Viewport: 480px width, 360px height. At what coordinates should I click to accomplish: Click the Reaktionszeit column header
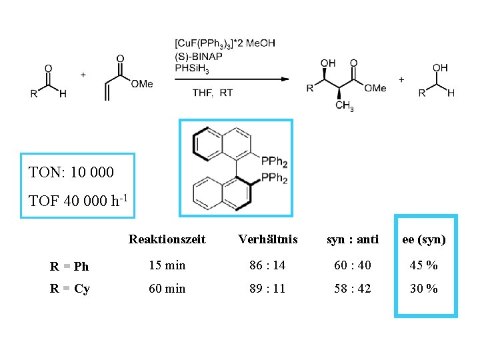167,239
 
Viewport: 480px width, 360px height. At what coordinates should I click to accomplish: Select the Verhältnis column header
267,239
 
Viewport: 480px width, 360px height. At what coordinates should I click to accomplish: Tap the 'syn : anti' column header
352,239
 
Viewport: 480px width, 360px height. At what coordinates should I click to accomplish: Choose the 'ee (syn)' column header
424,239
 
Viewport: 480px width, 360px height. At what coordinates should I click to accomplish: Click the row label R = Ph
69,267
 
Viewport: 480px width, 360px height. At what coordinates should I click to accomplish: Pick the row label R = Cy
70,289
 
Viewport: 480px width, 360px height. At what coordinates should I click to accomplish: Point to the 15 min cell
167,265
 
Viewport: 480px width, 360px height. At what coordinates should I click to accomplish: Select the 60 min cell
167,289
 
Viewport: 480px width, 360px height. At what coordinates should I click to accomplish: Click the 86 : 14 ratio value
267,265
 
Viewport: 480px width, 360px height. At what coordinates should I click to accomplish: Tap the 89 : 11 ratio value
267,289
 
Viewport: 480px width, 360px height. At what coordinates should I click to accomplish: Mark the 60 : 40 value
352,265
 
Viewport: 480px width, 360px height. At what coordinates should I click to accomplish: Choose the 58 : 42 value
352,289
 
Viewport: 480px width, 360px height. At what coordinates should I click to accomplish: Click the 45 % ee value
424,265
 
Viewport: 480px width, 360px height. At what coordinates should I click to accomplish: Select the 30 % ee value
424,289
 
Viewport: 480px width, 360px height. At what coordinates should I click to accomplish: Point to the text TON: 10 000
71,173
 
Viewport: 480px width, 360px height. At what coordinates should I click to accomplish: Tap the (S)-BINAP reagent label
198,56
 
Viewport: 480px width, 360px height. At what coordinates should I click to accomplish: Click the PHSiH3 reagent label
193,68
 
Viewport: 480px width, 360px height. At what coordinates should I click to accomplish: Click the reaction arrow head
285,79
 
